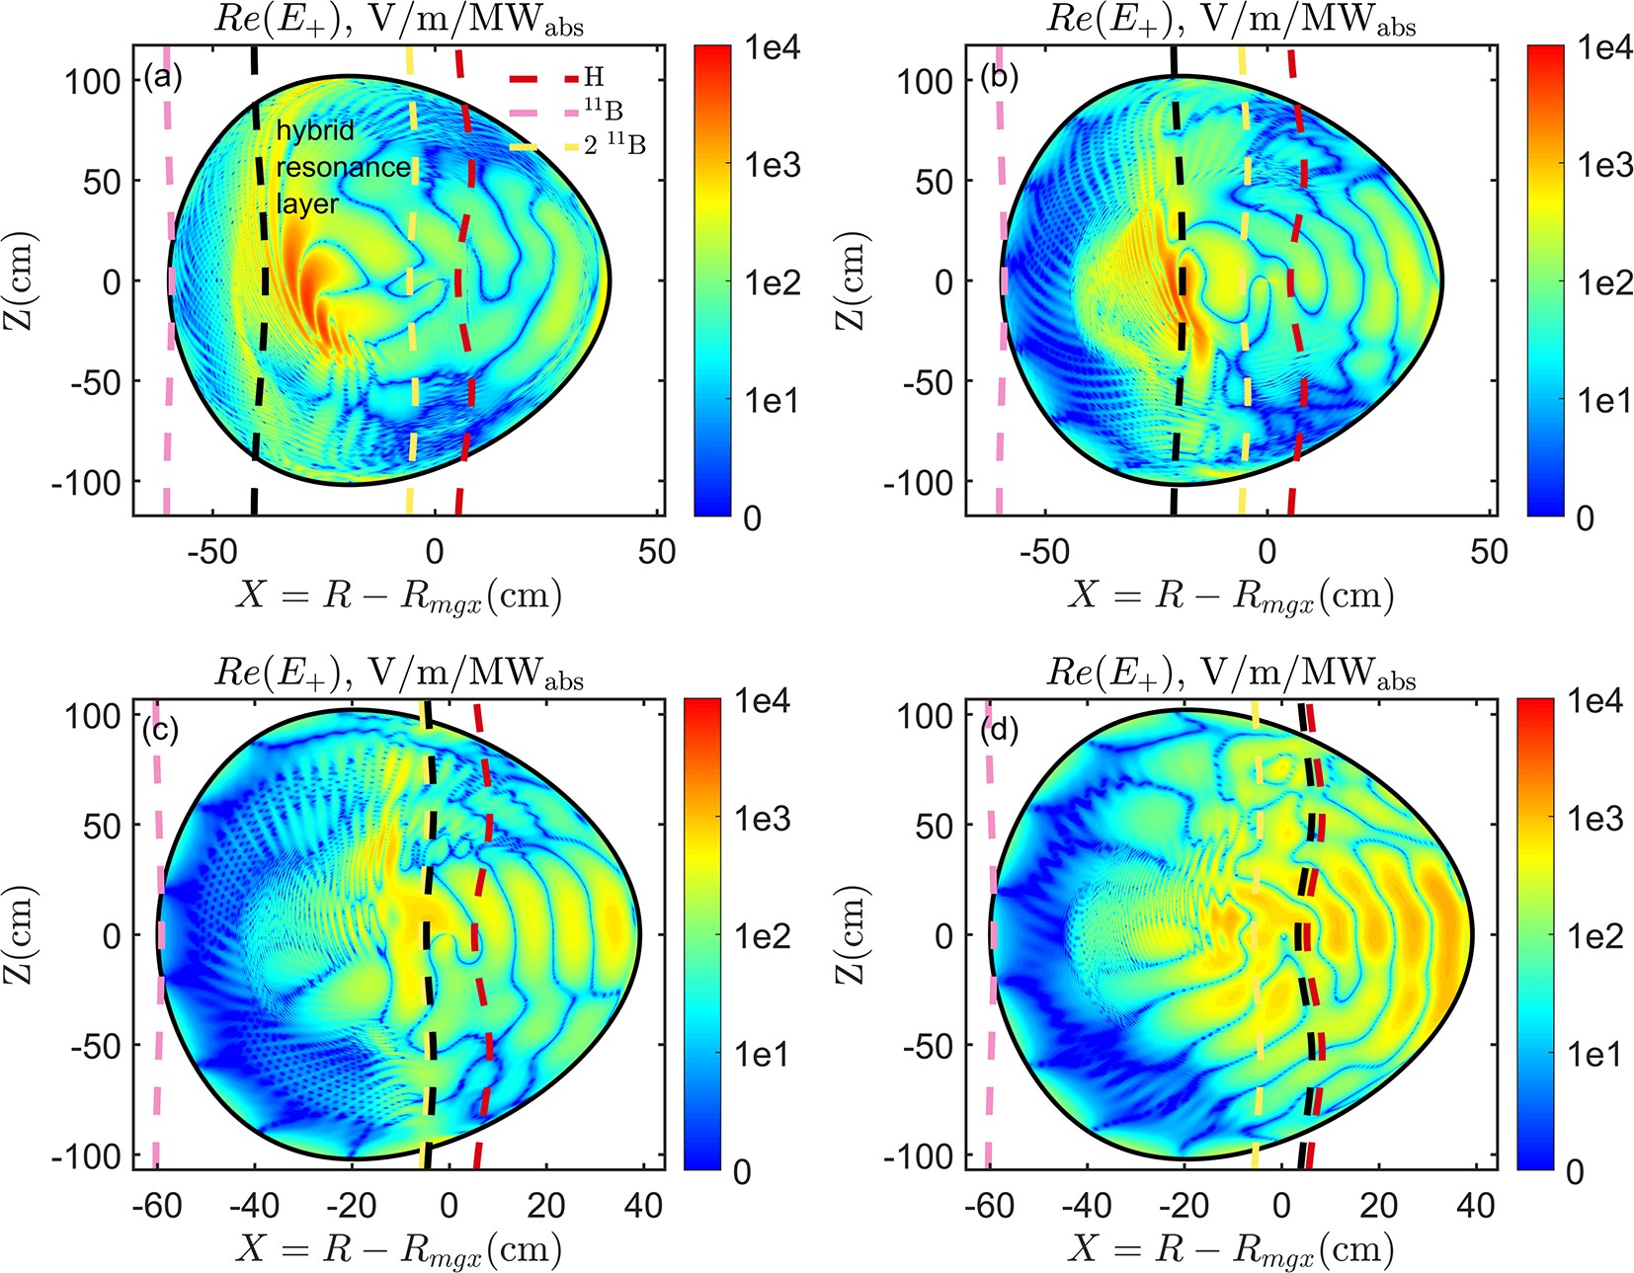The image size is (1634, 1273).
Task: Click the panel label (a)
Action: pos(162,77)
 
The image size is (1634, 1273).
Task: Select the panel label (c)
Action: pos(160,730)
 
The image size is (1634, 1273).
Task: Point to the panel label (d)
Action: pos(999,730)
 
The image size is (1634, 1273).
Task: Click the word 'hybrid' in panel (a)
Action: pos(314,130)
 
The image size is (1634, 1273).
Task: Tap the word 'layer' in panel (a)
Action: pos(306,203)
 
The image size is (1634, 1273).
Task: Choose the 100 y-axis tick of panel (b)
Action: pos(928,81)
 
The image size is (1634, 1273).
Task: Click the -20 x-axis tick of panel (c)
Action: pos(352,1205)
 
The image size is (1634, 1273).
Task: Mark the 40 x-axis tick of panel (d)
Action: pos(1475,1205)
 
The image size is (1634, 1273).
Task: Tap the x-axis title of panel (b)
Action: pos(1230,596)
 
